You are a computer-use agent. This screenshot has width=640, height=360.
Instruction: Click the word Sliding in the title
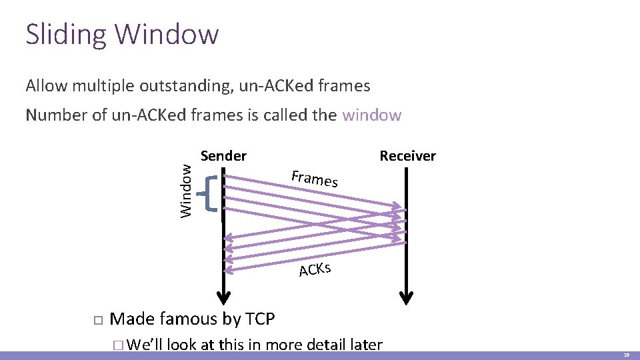[x=65, y=35]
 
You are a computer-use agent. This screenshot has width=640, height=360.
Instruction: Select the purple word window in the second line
[x=371, y=115]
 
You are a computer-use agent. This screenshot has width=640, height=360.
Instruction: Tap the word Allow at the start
[x=46, y=86]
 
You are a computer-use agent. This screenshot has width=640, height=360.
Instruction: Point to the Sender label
[x=223, y=156]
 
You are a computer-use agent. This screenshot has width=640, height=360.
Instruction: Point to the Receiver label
[x=407, y=156]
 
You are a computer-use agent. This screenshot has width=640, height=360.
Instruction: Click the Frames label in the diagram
[x=315, y=179]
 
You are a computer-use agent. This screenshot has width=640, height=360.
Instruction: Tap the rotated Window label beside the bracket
[x=187, y=191]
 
